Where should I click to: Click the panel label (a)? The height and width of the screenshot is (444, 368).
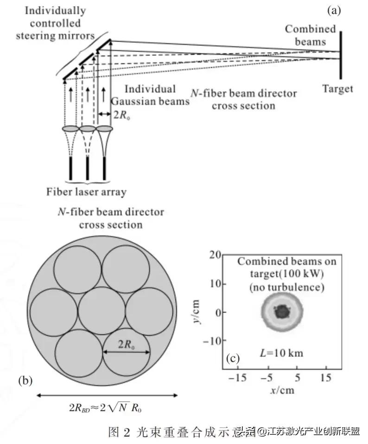[x=334, y=10]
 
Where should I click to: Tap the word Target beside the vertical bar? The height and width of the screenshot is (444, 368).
[x=338, y=88]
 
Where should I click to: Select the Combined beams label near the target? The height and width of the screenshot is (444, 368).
[x=310, y=35]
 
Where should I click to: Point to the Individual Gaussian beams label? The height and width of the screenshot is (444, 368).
[x=151, y=95]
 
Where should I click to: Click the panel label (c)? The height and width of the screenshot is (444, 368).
[x=232, y=358]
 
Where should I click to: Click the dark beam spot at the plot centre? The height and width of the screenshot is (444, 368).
[x=281, y=312]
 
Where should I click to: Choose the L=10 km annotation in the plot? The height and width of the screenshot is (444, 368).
[x=280, y=353]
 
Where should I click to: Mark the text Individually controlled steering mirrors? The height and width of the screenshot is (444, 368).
[x=55, y=23]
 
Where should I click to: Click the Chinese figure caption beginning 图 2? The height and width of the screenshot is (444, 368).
[x=176, y=432]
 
